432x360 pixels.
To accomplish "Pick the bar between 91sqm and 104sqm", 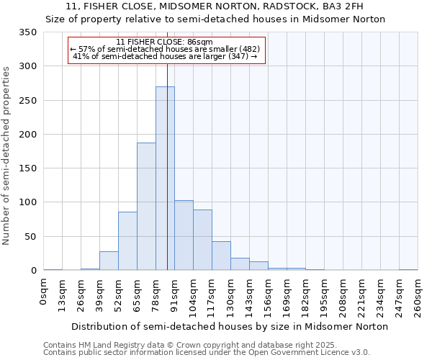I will (x=184, y=235).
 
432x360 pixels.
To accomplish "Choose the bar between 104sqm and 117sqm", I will (x=202, y=240).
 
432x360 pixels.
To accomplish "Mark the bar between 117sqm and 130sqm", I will (x=221, y=256).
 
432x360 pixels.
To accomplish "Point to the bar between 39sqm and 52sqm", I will (x=109, y=261).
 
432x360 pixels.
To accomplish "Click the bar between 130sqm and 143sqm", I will (x=240, y=264).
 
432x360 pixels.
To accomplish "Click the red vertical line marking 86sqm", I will (x=167, y=144).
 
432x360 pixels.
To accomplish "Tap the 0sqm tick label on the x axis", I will (x=44, y=293).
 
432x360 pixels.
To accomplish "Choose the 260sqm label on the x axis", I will (x=418, y=297).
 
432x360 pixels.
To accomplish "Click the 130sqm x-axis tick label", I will (x=231, y=297).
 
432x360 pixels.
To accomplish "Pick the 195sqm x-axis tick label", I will (x=324, y=297).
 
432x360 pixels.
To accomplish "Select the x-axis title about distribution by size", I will (x=230, y=326).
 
